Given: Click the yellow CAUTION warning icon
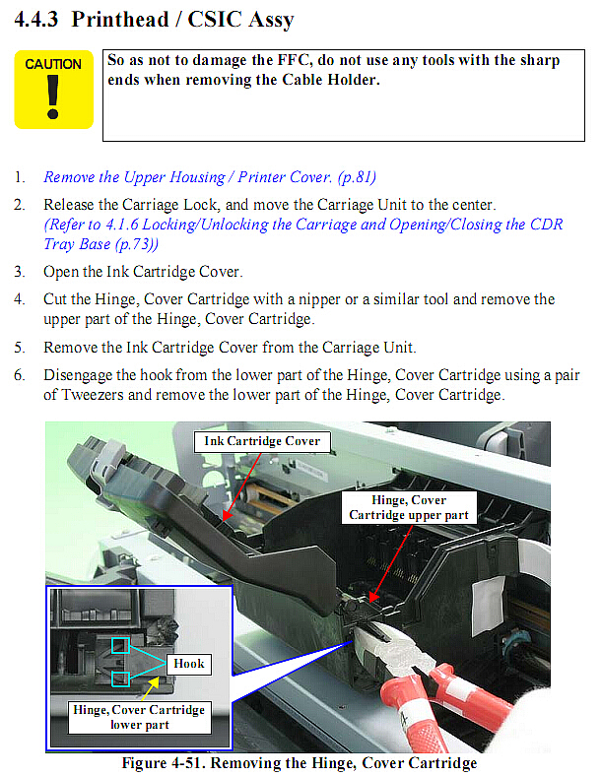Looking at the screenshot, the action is point(53,89).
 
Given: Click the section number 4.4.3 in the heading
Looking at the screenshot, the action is point(36,20).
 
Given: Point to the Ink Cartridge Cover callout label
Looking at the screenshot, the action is point(262,441).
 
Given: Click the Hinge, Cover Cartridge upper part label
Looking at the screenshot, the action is point(409,507).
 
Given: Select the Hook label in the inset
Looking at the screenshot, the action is point(189,664).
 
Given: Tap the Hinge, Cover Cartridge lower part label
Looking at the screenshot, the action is point(139,717).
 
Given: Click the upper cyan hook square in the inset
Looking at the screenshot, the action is point(120,645).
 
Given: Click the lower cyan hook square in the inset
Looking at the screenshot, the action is point(120,679).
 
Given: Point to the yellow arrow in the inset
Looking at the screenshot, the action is point(151,688).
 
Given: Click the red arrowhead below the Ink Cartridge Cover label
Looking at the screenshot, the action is point(227,515).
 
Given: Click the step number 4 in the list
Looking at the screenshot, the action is point(20,299).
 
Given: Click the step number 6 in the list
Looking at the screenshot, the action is point(20,374).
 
